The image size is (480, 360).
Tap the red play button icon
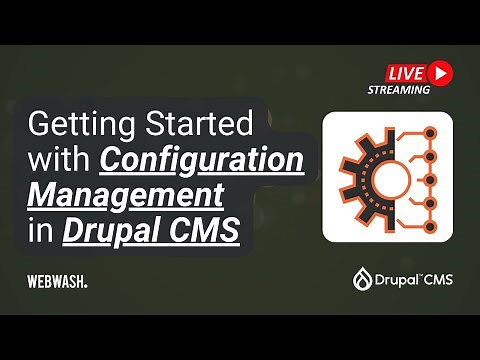tap(440, 72)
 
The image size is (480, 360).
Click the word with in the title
tap(59, 160)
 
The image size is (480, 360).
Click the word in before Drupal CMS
tap(40, 228)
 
